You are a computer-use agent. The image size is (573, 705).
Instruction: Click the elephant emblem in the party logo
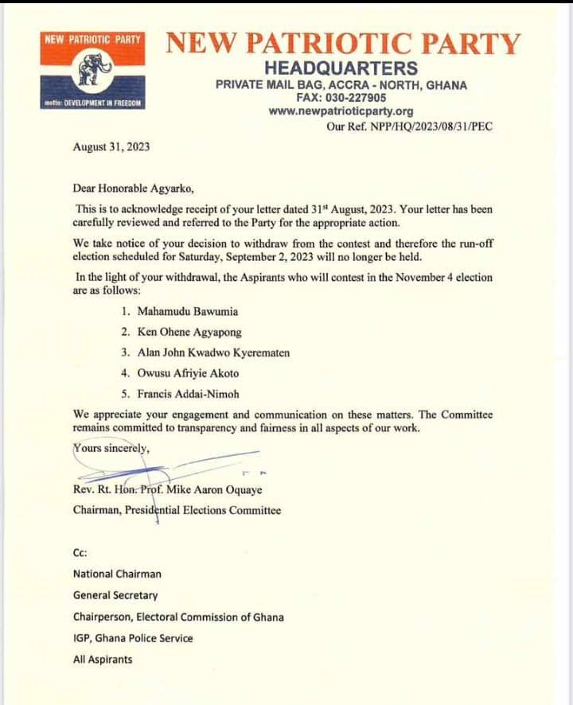93,70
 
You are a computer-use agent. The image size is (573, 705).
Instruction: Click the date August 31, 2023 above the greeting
111,147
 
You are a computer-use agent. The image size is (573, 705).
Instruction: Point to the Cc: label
80,552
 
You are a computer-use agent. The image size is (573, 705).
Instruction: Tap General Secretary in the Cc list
115,594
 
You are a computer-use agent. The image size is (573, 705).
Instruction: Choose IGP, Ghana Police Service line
133,637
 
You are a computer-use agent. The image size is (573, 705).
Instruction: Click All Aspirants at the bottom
103,659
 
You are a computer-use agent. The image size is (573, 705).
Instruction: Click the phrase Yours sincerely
111,448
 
